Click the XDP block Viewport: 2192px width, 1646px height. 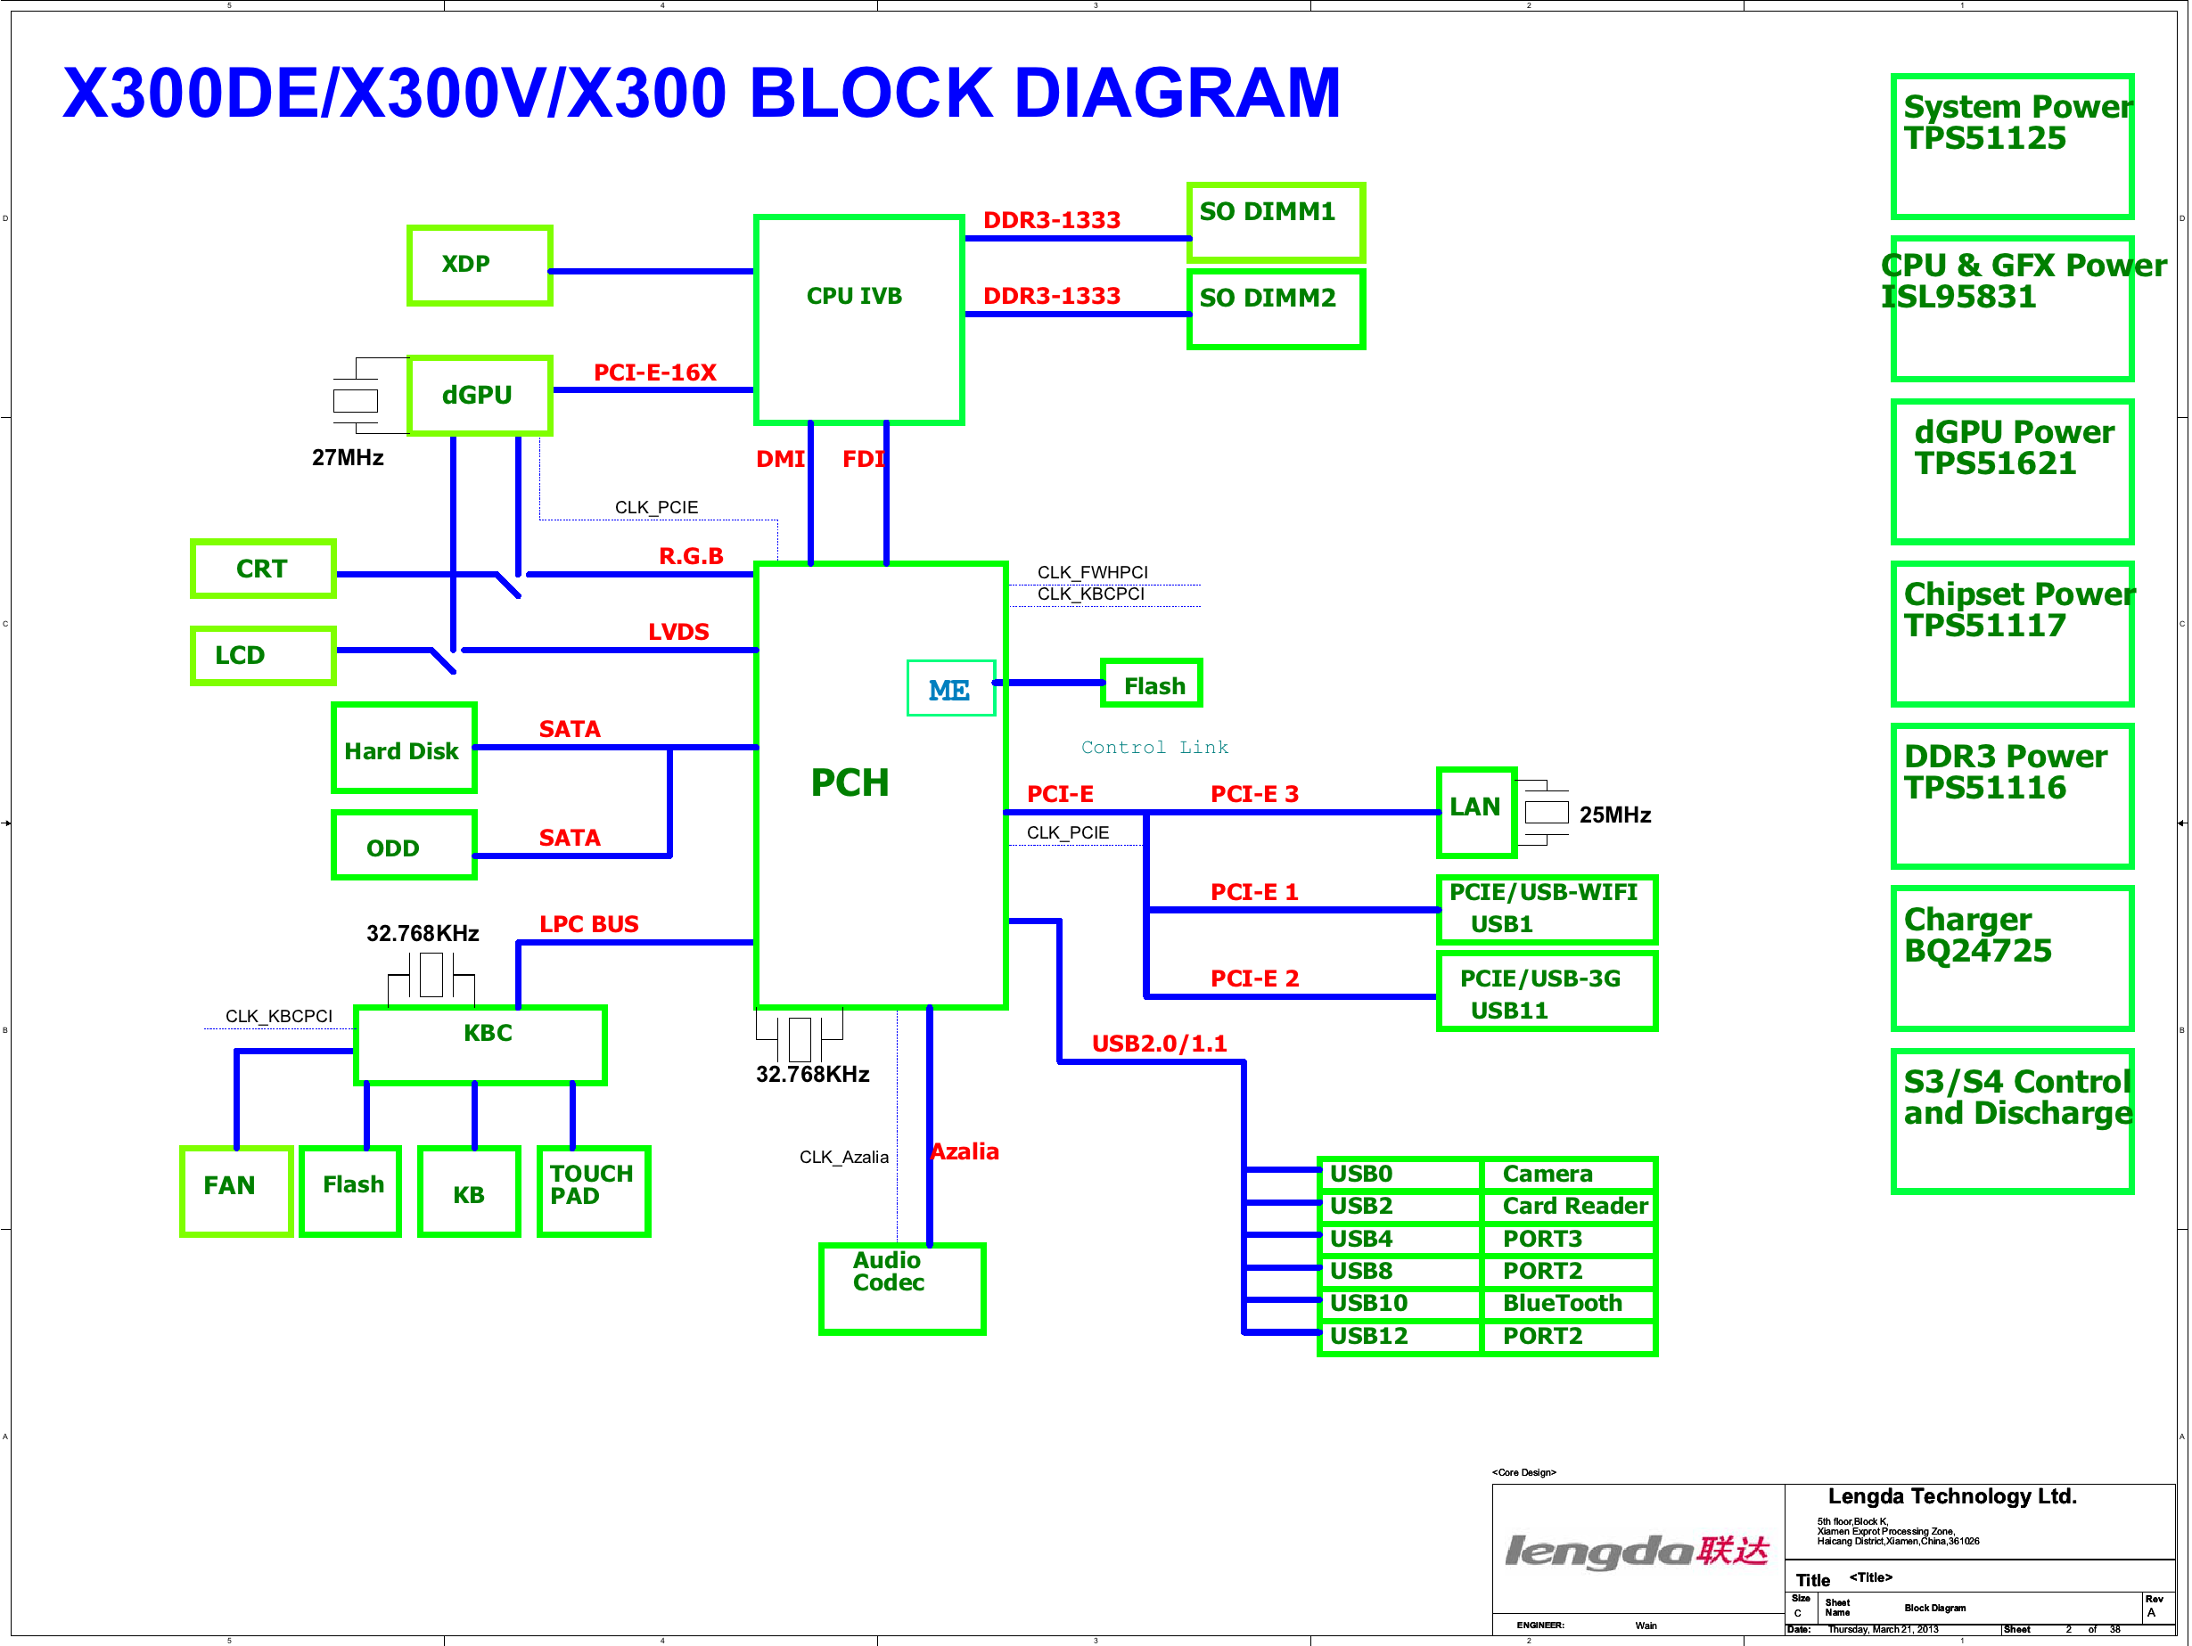pos(480,266)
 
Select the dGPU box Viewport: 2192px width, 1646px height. pos(480,396)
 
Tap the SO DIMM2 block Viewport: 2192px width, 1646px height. pos(1277,308)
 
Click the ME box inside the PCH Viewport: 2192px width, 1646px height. pos(951,688)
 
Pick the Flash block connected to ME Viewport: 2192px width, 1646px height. pos(1152,683)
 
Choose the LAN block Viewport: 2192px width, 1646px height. pos(1476,813)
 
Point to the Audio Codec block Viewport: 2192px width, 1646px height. pos(902,1290)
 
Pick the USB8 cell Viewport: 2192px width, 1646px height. pos(1400,1271)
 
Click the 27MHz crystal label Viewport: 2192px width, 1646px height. pos(348,458)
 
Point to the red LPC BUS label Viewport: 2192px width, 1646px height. pos(588,924)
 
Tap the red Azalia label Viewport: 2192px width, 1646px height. pos(965,1151)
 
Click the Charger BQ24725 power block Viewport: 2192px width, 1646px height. pos(2013,958)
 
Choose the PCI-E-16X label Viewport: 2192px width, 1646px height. pos(654,373)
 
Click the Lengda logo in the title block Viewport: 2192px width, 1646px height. pos(1637,1550)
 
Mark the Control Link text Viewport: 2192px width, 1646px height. pos(1154,747)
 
